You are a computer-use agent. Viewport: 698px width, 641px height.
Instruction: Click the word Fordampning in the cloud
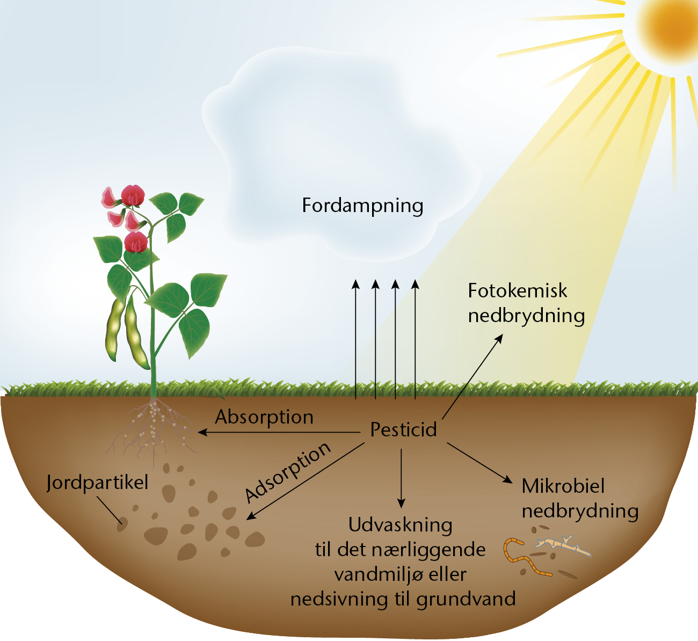click(x=362, y=206)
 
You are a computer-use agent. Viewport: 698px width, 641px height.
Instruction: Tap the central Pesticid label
click(x=403, y=429)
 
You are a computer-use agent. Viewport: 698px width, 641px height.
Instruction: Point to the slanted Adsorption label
click(x=288, y=472)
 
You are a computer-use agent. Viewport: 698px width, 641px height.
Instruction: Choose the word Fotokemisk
click(x=518, y=290)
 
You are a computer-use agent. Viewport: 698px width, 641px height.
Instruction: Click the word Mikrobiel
click(x=563, y=486)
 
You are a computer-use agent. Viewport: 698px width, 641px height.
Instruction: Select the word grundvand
click(x=466, y=599)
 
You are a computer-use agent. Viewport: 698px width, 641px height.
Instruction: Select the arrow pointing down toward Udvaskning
click(x=401, y=478)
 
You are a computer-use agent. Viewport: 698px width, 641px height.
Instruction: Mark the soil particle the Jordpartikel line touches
click(x=122, y=525)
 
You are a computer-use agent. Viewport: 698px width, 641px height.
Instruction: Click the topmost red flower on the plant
click(x=133, y=195)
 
